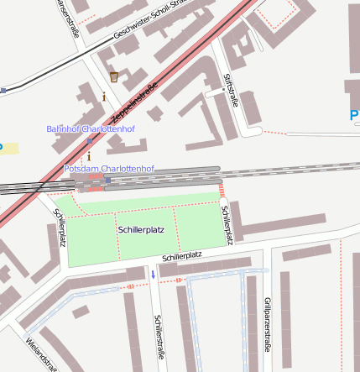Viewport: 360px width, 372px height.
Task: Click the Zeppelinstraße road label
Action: point(133,103)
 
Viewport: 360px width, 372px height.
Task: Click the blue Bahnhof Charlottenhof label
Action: point(90,128)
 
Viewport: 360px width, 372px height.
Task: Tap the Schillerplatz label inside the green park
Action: point(141,228)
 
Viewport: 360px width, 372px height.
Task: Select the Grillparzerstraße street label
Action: point(267,323)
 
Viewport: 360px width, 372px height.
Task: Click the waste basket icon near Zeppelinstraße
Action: point(114,77)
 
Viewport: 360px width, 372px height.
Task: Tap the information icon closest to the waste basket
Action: point(104,97)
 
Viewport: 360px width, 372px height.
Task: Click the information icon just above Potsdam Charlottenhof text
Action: point(89,156)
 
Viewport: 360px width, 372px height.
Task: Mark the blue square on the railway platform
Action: point(108,180)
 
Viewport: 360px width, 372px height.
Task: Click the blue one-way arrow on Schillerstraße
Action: point(153,274)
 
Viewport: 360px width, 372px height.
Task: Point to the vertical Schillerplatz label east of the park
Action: point(226,220)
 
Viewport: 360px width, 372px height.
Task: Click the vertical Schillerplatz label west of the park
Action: point(60,227)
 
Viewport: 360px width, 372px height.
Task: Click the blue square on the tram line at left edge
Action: point(3,90)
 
